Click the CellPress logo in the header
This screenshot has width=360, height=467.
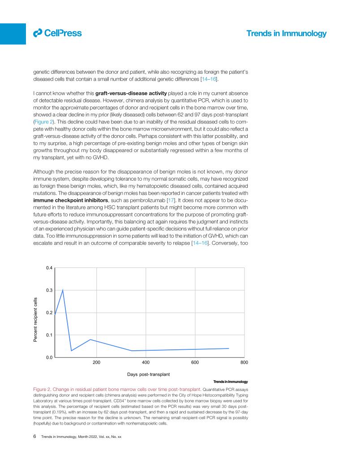(57, 33)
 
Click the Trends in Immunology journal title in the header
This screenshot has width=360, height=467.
(287, 34)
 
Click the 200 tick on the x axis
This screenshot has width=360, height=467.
(96, 363)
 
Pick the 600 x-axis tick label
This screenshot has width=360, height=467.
(195, 363)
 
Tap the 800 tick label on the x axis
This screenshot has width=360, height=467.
(244, 363)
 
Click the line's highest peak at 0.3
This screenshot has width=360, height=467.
(63, 290)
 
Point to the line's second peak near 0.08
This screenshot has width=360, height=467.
(90, 340)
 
